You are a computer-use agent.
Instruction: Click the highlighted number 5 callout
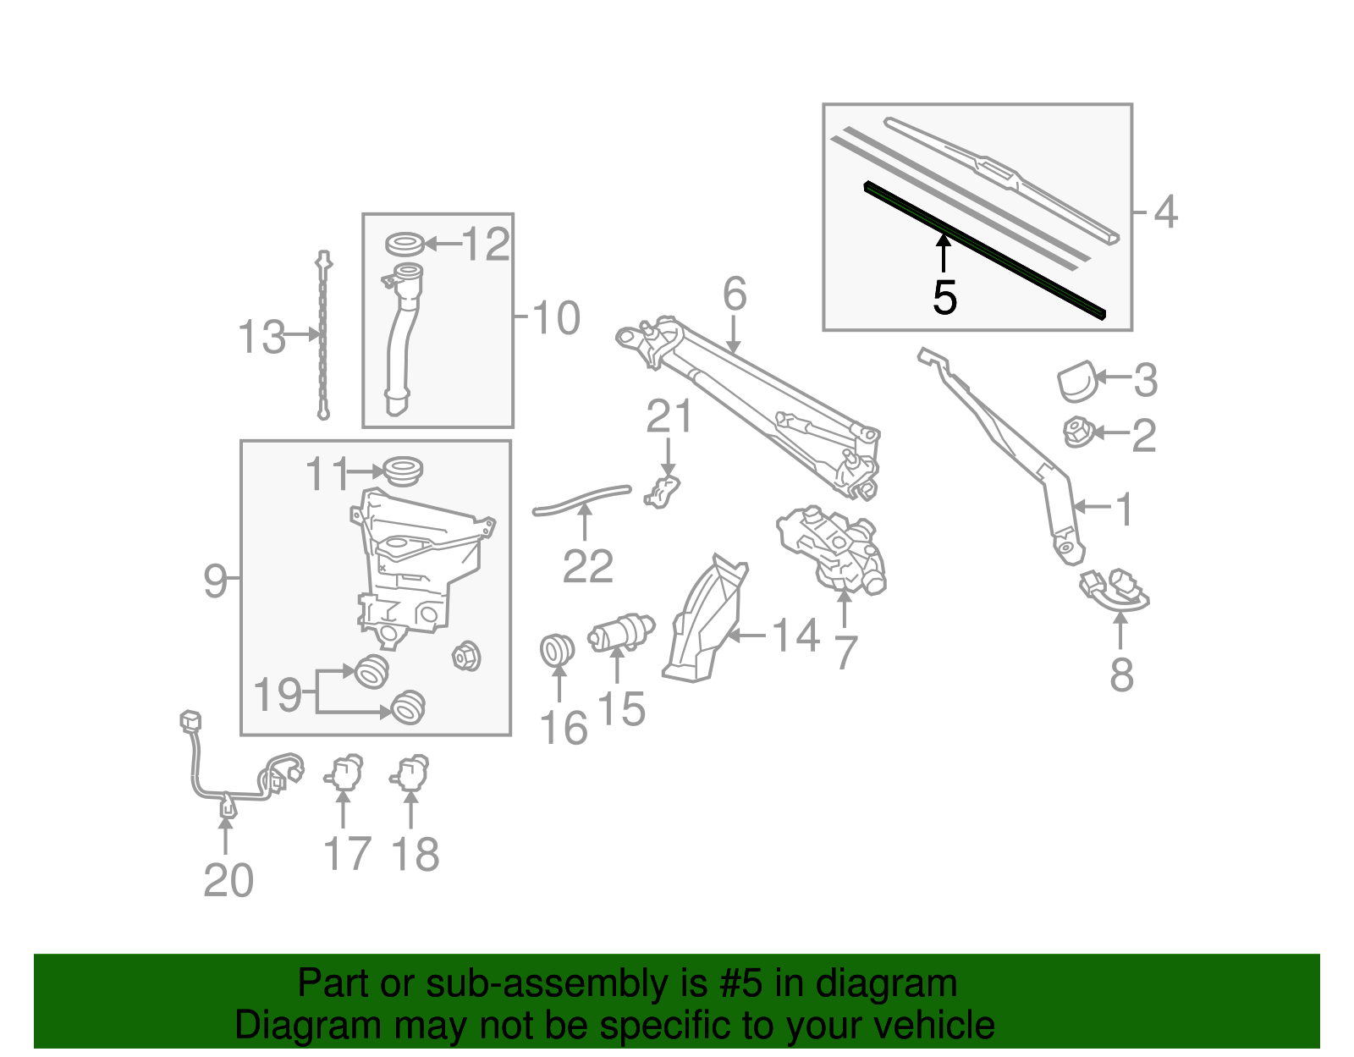944,298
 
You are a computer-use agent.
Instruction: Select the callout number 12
487,245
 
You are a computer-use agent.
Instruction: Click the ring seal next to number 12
405,244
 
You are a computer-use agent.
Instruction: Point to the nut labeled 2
1077,432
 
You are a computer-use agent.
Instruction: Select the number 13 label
261,337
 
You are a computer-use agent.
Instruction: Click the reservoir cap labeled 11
403,470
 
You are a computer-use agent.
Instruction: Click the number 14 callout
795,636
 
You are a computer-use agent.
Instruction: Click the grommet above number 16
557,650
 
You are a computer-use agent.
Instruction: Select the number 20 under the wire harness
228,881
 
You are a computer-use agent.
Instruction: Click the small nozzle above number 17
344,772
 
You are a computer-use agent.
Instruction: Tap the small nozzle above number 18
411,772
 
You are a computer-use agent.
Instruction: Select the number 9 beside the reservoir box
215,581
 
